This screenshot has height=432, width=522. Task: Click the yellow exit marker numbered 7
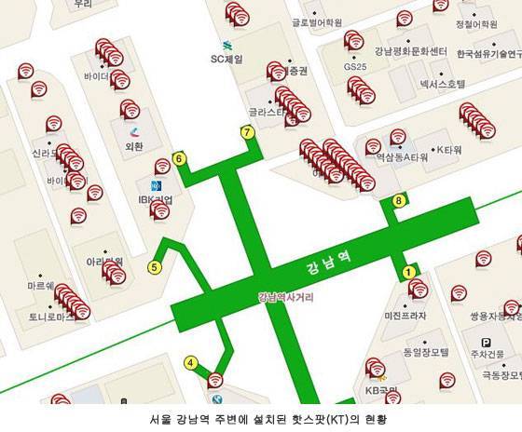point(247,132)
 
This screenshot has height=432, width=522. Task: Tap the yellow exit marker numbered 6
point(180,158)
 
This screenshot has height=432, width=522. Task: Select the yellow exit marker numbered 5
point(155,267)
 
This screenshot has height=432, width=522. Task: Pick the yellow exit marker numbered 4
point(191,362)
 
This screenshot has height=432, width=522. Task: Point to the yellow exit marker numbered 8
point(399,199)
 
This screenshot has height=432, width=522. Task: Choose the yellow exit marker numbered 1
point(407,271)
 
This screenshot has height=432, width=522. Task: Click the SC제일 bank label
point(226,60)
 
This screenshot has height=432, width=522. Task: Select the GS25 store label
point(355,67)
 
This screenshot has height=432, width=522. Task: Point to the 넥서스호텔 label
point(442,85)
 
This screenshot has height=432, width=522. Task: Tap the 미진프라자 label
point(404,316)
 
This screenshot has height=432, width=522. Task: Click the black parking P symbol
point(486,343)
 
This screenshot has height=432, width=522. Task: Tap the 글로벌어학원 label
point(317,22)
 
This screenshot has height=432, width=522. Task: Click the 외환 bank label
point(134,146)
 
